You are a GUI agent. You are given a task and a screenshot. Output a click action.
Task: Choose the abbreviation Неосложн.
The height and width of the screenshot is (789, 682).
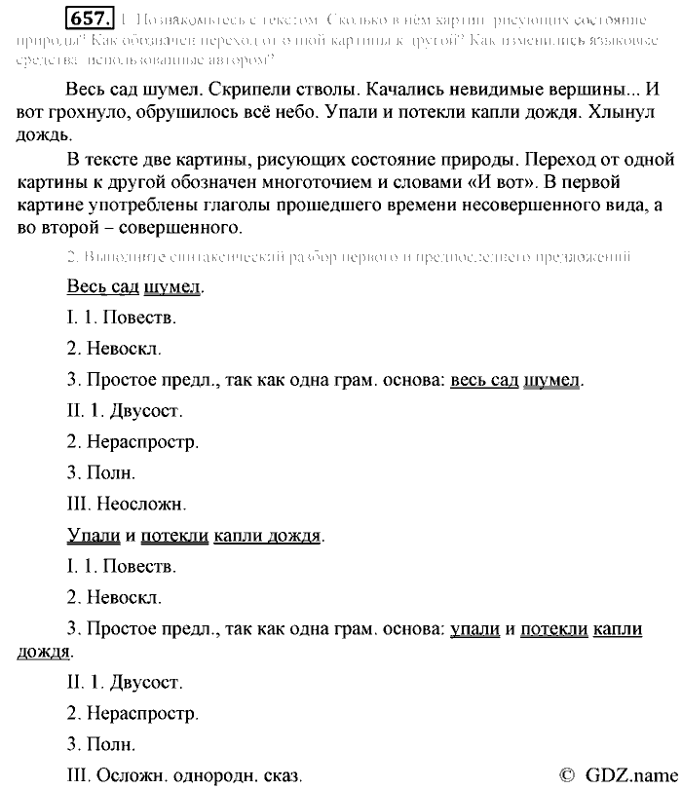141,504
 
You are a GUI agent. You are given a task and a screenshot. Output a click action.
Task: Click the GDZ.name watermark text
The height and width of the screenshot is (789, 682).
629,773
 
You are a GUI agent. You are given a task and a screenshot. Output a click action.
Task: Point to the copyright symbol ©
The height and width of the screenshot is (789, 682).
568,773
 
